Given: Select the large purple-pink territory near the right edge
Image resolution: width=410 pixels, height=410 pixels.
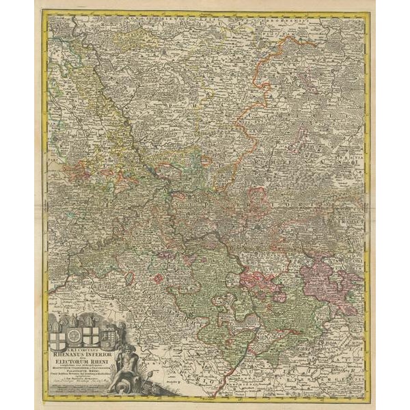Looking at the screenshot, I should [328, 280].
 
